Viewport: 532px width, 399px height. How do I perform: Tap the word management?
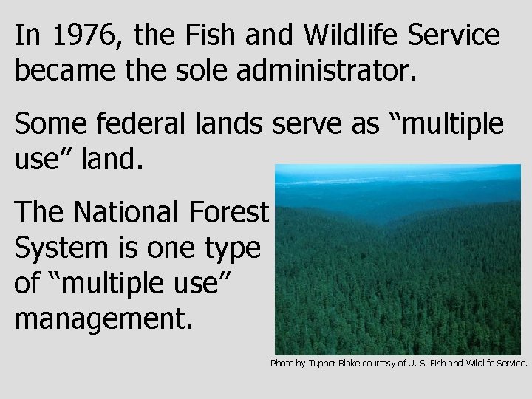(103, 320)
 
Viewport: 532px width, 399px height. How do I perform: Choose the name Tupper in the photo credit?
(324, 364)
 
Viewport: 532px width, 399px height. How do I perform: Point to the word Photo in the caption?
(282, 364)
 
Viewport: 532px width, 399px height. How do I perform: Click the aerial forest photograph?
(398, 259)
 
